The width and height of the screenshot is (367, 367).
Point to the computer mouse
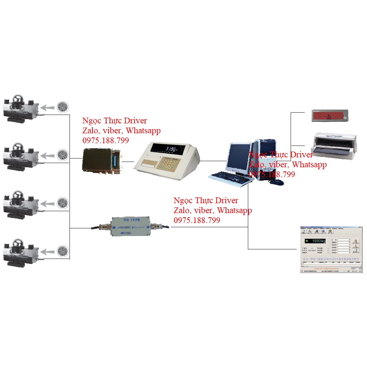276,182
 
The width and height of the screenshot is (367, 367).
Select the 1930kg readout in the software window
315,241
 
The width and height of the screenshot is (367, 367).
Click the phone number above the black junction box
106,141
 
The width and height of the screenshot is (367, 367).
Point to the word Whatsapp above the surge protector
234,210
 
